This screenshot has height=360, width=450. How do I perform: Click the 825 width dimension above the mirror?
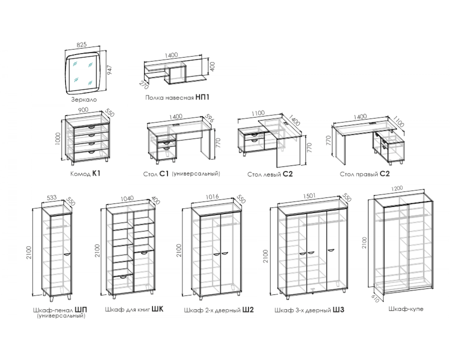pyautogui.click(x=82, y=45)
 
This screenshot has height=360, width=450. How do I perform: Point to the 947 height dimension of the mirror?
pyautogui.click(x=109, y=70)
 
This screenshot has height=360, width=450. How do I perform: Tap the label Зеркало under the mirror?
pyautogui.click(x=84, y=99)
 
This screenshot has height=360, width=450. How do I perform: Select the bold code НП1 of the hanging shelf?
pyautogui.click(x=202, y=97)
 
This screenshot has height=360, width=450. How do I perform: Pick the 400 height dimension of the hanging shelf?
pyautogui.click(x=212, y=67)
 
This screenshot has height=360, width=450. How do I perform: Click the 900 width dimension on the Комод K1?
pyautogui.click(x=83, y=110)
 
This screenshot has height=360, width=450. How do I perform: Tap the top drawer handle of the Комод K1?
pyautogui.click(x=91, y=127)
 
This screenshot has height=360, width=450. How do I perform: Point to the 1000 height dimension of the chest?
pyautogui.click(x=58, y=139)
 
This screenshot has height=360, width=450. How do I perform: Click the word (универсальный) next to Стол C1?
pyautogui.click(x=196, y=174)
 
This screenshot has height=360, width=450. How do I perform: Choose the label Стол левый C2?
pyautogui.click(x=270, y=174)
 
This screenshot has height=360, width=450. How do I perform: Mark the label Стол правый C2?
pyautogui.click(x=365, y=174)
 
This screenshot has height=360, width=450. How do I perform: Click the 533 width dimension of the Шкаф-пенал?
pyautogui.click(x=52, y=197)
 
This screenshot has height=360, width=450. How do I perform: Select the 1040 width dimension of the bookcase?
pyautogui.click(x=127, y=198)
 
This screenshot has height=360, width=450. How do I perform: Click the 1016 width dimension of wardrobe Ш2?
pyautogui.click(x=212, y=197)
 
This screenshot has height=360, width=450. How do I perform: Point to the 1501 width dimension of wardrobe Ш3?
pyautogui.click(x=309, y=196)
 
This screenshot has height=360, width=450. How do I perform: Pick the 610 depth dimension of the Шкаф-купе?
pyautogui.click(x=375, y=299)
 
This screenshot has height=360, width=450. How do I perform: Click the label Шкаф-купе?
pyautogui.click(x=406, y=309)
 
